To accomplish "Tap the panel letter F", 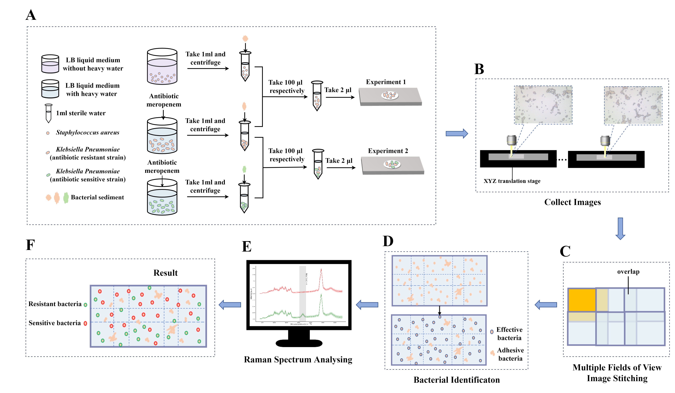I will pyautogui.click(x=30, y=245).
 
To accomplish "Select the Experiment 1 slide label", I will pyautogui.click(x=386, y=82).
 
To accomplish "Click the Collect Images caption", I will pyautogui.click(x=572, y=202).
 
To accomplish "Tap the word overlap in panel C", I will pyautogui.click(x=628, y=272).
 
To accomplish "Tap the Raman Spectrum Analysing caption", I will pyautogui.click(x=298, y=359).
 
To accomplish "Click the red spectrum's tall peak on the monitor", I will pyautogui.click(x=321, y=271).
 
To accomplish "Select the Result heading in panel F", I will pyautogui.click(x=166, y=273).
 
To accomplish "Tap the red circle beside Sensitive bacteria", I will pyautogui.click(x=85, y=324).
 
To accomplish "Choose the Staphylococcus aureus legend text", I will pyautogui.click(x=88, y=132).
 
